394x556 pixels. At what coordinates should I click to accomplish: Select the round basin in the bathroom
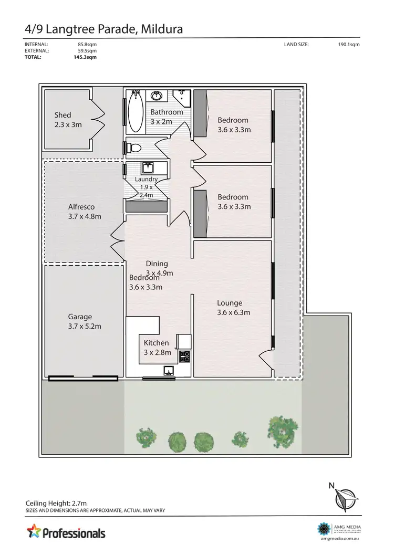157,96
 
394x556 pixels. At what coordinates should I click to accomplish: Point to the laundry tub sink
148,169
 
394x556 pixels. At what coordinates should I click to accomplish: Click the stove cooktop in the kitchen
184,357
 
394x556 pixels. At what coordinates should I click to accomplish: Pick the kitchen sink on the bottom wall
168,371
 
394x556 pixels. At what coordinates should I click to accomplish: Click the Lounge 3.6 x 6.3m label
234,308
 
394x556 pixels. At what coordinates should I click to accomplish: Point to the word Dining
157,264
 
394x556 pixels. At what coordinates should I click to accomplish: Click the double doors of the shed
98,119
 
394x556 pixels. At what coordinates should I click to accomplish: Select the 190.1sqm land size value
349,45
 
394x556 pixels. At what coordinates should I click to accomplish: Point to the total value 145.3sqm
85,57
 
